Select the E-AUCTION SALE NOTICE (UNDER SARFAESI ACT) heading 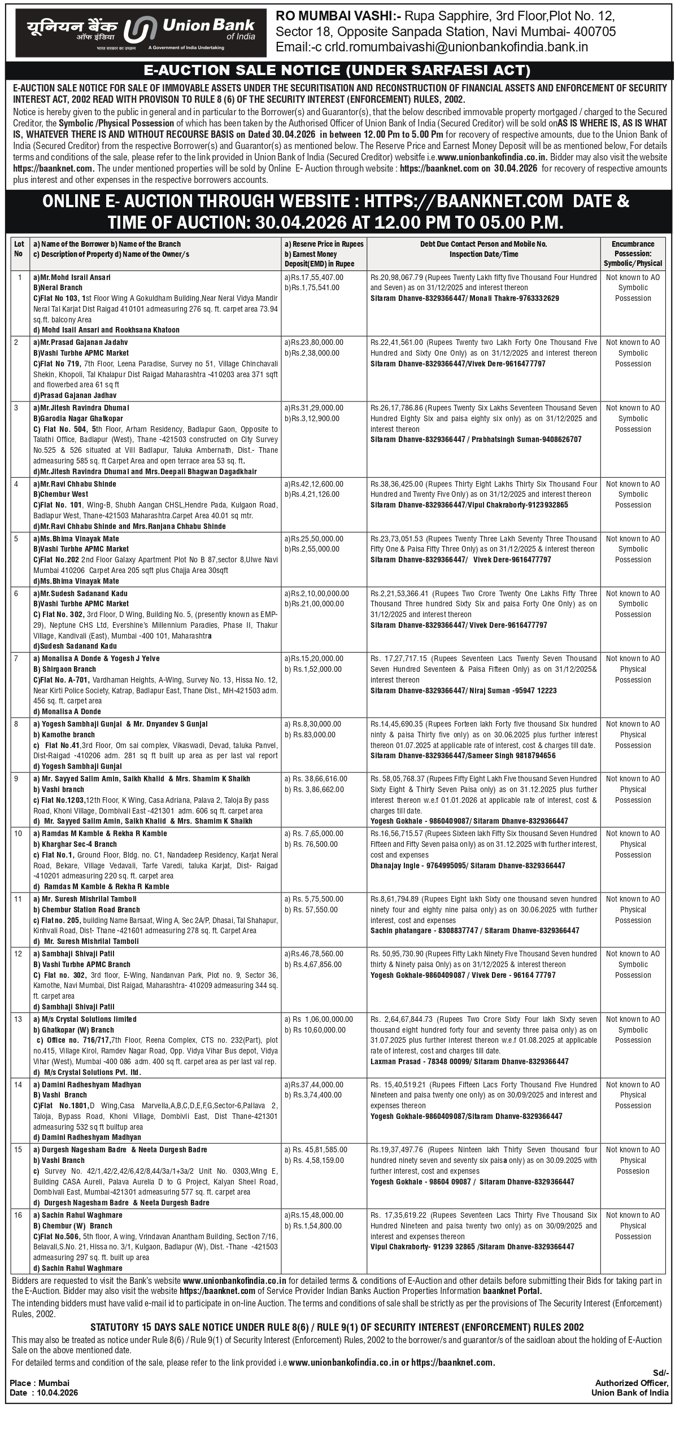(337, 71)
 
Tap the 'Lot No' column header (19, 249)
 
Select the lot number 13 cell (19, 1019)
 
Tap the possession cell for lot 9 (633, 789)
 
